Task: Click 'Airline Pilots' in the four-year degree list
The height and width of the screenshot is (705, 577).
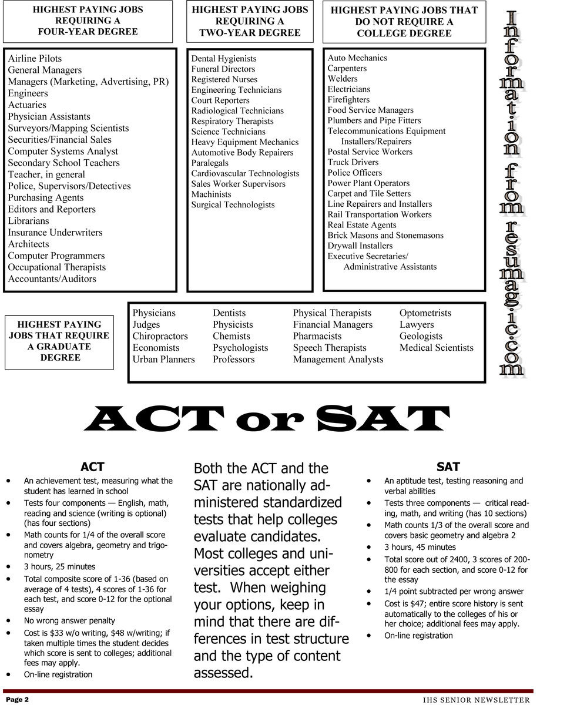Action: (35, 59)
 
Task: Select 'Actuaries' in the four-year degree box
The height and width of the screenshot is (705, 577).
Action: (27, 105)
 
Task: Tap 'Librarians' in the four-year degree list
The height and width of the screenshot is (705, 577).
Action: (29, 221)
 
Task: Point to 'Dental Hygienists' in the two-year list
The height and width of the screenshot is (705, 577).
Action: (224, 59)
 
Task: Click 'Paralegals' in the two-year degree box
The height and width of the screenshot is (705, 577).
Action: (210, 163)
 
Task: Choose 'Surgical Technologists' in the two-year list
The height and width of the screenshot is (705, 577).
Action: (233, 204)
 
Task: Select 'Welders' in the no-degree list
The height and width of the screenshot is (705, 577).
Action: (343, 79)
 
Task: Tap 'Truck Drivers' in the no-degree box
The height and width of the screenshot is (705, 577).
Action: (353, 162)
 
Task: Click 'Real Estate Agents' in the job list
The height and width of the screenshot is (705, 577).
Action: (362, 225)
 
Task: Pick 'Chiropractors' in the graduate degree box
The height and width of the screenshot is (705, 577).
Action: (160, 336)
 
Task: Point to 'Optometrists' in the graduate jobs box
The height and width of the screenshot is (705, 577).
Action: (425, 313)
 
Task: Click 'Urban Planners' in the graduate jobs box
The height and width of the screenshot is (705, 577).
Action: (163, 359)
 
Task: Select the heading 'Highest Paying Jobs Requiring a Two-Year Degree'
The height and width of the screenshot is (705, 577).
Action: (250, 21)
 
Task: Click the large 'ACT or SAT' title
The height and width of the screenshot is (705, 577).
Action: (267, 419)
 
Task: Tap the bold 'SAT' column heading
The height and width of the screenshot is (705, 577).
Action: (448, 467)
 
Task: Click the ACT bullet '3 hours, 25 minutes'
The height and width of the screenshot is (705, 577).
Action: (59, 567)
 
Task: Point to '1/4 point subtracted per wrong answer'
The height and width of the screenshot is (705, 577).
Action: (454, 592)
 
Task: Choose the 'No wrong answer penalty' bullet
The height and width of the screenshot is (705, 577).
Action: (69, 620)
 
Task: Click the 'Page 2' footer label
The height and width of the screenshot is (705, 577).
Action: (18, 700)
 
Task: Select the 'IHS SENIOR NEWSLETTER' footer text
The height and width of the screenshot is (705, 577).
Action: (476, 700)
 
